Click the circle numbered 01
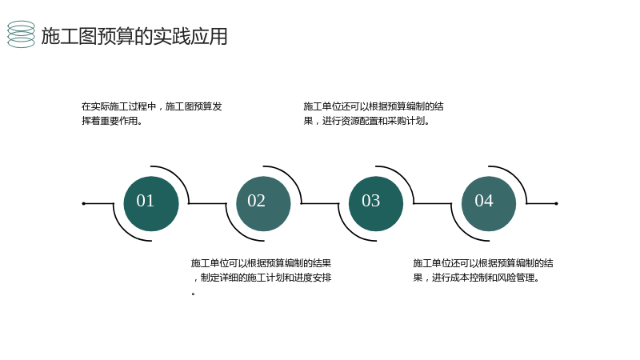151,204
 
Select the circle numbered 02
264,204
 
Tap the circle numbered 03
376,204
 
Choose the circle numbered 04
489,204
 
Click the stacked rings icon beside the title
22,34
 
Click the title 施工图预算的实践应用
134,36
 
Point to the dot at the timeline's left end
84,203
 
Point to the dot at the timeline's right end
556,203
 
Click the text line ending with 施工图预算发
151,106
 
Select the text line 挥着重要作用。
112,121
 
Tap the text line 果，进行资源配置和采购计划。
366,121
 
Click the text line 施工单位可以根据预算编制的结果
261,263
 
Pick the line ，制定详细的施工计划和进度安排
262,278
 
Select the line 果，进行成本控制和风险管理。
476,278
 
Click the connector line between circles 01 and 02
207,203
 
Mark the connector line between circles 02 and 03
320,203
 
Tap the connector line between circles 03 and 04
432,203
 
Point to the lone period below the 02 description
193,294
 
